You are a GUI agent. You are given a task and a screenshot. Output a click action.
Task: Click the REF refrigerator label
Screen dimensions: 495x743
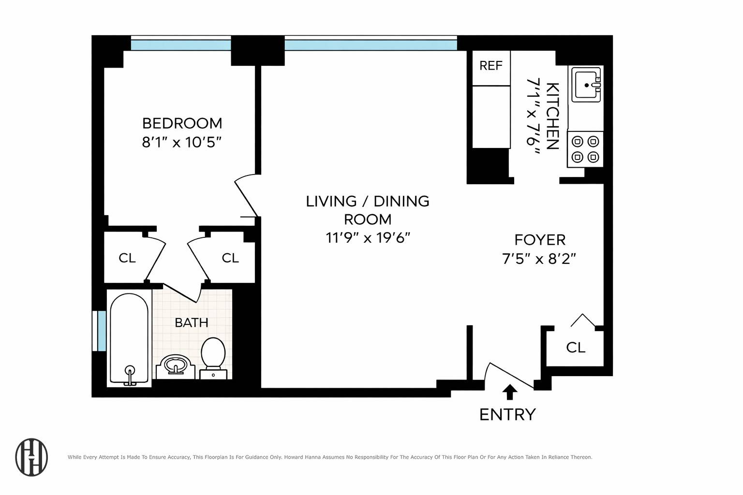point(490,66)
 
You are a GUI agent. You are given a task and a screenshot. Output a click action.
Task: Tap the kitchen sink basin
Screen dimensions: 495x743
point(586,85)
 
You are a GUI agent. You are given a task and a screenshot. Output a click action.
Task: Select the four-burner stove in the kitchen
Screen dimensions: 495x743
point(585,149)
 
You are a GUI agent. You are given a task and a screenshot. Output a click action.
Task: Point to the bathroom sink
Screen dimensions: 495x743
point(175,365)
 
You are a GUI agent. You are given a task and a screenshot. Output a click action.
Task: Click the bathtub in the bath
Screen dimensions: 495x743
point(129,338)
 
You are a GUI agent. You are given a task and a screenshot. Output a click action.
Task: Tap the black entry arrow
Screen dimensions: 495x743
point(509,392)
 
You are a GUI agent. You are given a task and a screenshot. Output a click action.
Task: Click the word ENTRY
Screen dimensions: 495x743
point(507,415)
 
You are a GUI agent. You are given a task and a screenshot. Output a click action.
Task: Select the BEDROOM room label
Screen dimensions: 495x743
point(182,123)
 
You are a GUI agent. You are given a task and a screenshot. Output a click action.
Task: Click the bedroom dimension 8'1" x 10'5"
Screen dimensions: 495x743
point(182,143)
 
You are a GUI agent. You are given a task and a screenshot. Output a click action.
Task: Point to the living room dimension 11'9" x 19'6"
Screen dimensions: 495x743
point(368,238)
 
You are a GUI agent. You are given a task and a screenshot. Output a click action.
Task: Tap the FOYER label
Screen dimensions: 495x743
point(539,240)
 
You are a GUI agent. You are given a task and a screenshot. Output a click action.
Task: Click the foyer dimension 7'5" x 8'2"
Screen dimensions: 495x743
point(539,259)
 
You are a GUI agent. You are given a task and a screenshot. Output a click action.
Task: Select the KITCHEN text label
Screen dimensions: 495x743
point(552,116)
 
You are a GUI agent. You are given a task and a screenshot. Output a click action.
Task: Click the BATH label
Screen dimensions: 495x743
point(192,322)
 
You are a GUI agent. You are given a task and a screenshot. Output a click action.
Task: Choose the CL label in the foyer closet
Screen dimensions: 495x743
point(576,347)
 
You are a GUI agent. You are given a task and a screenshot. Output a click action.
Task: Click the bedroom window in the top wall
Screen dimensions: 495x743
point(181,45)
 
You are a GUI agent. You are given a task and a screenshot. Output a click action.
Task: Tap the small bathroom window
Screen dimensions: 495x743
point(101,331)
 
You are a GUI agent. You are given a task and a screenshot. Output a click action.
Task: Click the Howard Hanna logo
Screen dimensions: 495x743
point(32,457)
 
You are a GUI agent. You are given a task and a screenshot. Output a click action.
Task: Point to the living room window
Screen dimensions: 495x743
point(371,45)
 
